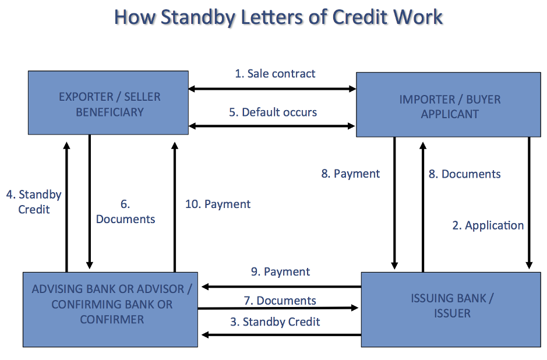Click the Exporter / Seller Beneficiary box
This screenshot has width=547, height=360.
click(109, 103)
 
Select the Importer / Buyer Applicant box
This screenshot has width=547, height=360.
click(449, 105)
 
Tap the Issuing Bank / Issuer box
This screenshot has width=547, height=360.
click(451, 306)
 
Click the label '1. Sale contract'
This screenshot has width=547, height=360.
click(275, 74)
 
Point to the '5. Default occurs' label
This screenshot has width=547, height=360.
click(273, 112)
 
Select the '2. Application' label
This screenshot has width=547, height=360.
click(488, 225)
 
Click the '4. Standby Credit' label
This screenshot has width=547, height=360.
click(34, 202)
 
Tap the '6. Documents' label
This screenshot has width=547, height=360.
click(125, 212)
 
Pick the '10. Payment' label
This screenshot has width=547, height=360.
click(218, 204)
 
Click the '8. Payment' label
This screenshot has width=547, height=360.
click(350, 174)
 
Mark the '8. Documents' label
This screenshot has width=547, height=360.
click(464, 174)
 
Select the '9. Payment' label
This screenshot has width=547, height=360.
click(280, 271)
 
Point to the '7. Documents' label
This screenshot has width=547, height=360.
click(280, 301)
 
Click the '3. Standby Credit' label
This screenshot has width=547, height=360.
click(275, 322)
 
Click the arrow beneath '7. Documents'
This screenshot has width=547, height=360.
click(278, 309)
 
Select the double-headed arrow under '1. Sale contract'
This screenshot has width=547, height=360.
click(272, 89)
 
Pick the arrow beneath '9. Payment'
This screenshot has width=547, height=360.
click(280, 287)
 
